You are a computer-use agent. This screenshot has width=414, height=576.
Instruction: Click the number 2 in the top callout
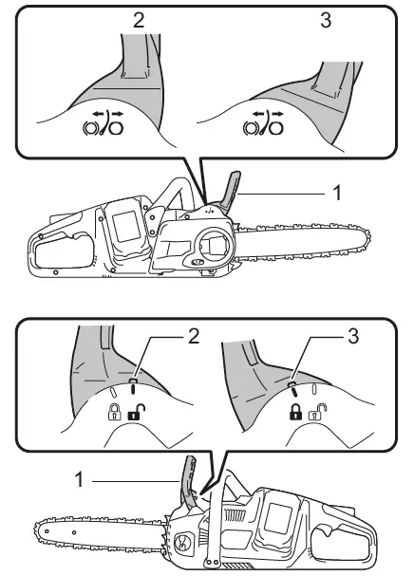click(x=139, y=20)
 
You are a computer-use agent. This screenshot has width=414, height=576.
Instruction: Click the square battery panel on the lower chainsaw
click(x=282, y=516)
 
